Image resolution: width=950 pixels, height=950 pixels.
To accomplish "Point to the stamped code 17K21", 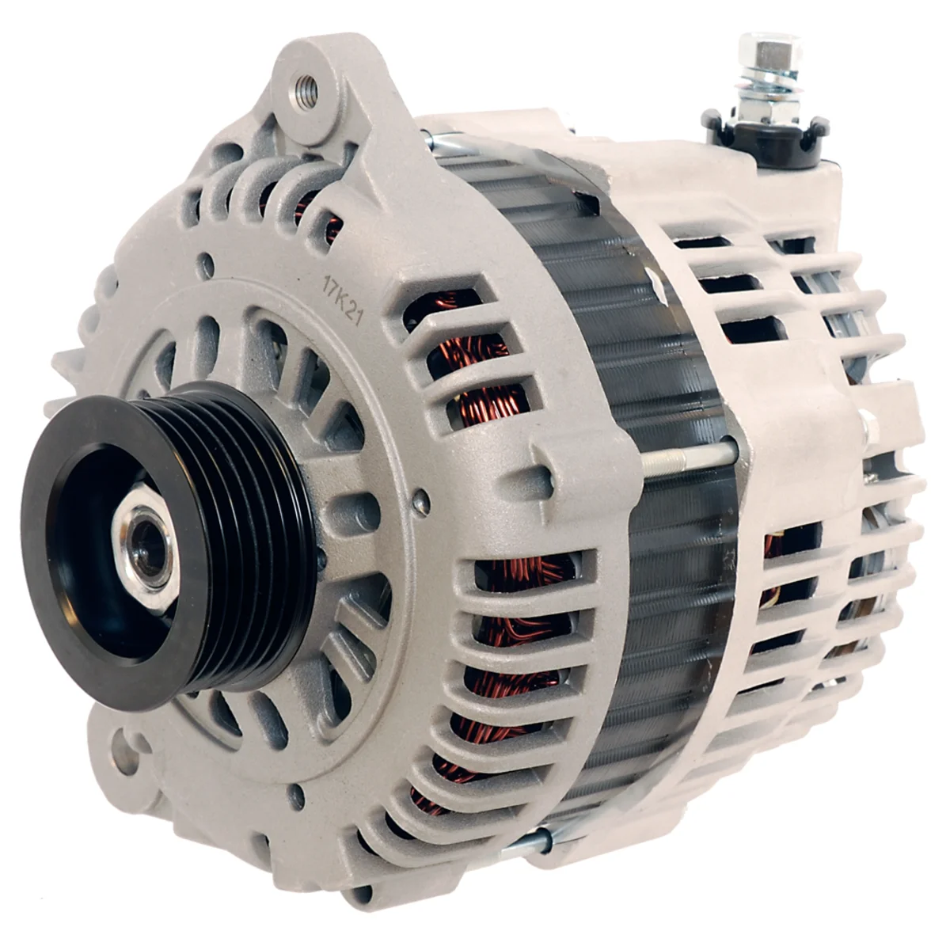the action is [343, 302].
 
